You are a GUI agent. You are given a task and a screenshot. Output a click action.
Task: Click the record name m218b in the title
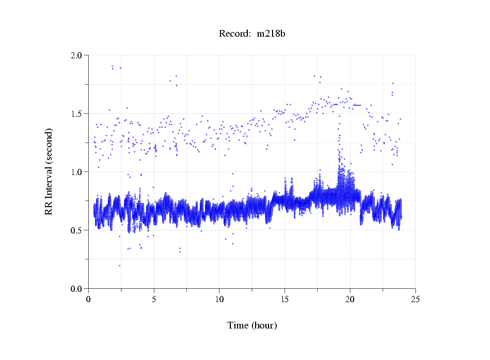click(272, 34)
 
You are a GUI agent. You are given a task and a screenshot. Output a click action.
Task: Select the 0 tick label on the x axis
click(89, 299)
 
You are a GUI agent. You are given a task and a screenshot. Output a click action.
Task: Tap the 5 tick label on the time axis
click(154, 299)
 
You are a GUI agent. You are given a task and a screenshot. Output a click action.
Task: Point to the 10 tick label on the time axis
click(219, 299)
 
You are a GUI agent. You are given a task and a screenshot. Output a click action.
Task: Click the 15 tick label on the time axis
click(284, 299)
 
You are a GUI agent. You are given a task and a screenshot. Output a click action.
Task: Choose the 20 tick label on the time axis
click(350, 299)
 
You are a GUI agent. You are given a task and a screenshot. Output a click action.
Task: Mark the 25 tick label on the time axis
click(415, 299)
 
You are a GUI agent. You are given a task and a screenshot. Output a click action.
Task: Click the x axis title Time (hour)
click(252, 325)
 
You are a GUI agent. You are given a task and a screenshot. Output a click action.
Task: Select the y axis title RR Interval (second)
click(49, 171)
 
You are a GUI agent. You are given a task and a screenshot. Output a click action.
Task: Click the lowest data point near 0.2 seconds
click(119, 265)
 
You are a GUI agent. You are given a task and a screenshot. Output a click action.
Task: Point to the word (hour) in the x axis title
click(263, 325)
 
